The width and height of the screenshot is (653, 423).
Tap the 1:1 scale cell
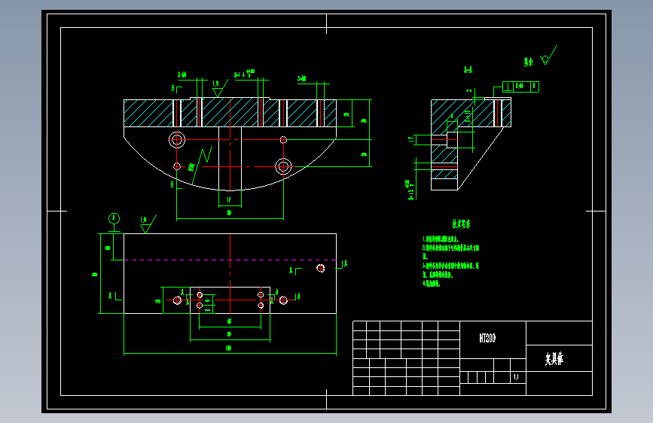pos(516,378)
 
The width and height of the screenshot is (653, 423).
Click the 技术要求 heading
pos(461,224)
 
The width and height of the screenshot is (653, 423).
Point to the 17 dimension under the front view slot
pos(229,199)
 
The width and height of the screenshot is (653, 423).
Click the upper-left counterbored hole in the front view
pos(178,139)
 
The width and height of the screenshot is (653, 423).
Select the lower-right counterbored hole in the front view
pos(283,166)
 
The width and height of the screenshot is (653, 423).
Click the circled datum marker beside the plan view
pos(114,218)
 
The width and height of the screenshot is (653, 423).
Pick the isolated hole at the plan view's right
pos(321,268)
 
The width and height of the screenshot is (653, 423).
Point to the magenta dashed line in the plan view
pos(226,260)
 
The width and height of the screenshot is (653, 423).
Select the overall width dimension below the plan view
pos(228,348)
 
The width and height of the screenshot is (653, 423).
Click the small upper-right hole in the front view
pos(283,139)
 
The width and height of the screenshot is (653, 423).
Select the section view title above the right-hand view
pos(468,70)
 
